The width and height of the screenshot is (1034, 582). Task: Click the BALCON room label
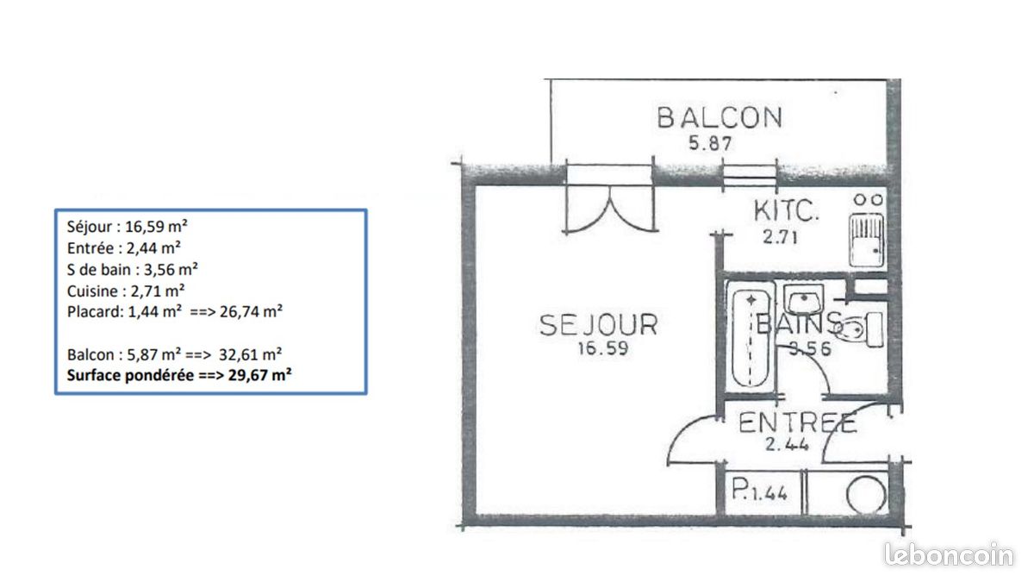pos(719,117)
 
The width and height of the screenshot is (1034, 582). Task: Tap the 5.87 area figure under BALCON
pos(710,144)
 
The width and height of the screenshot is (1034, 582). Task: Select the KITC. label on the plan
pos(786,210)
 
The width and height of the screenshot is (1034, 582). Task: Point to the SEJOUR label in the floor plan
pos(598,325)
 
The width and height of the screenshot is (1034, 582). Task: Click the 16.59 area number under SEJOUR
pos(597,350)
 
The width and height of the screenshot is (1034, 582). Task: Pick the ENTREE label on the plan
pos(798,423)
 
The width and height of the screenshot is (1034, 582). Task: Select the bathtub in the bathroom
pos(752,339)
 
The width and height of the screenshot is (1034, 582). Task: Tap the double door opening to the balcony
pos(608,199)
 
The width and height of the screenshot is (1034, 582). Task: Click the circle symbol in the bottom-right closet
pos(865,496)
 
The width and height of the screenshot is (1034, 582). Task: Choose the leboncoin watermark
pos(950,555)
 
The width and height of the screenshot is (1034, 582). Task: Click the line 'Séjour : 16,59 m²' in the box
pos(127,228)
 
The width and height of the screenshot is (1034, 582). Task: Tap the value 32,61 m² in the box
pos(256,354)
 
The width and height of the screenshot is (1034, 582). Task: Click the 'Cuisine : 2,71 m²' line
pos(126,291)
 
